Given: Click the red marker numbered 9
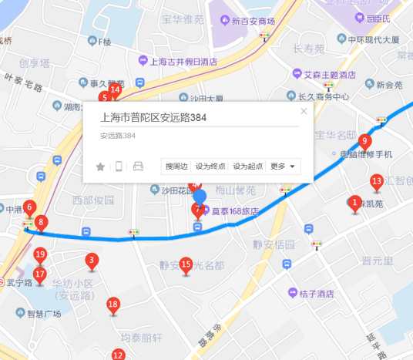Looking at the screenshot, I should tap(365, 141).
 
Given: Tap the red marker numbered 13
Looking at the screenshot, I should tap(377, 183).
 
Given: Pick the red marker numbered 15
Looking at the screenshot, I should tap(186, 264).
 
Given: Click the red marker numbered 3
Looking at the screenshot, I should tap(92, 261).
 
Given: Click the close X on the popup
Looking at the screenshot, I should tap(304, 111).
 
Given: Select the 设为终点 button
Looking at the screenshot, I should tap(210, 166).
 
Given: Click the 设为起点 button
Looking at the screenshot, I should tap(247, 166).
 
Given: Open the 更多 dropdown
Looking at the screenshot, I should tap(283, 166).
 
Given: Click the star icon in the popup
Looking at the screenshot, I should tap(100, 167).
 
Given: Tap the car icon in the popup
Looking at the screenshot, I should tap(139, 167).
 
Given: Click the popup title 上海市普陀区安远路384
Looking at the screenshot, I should tap(154, 118).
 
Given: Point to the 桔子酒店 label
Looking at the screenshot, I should tap(316, 293).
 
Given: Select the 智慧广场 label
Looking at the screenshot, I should tap(44, 314).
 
